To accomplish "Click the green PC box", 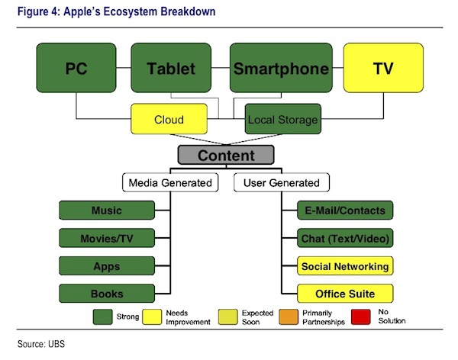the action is (x=76, y=68).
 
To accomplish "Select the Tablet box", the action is (x=171, y=68).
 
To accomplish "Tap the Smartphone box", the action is (x=281, y=68).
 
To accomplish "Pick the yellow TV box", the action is (x=383, y=68).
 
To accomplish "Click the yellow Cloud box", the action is (x=169, y=119).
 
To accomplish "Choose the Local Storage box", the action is (x=282, y=119).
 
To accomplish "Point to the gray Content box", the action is (x=226, y=155).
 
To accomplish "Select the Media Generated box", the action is (x=170, y=182).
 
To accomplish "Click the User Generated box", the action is (x=282, y=182).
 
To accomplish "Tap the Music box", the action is (x=107, y=211).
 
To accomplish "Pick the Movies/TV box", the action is (x=107, y=238).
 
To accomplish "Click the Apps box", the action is (x=107, y=265).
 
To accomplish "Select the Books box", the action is (x=107, y=294).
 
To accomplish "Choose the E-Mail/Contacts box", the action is (x=345, y=211).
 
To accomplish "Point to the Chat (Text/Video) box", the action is (x=345, y=238).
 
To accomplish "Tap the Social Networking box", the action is (x=345, y=265).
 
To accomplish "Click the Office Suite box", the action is (x=345, y=294).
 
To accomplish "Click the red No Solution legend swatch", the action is (x=361, y=317).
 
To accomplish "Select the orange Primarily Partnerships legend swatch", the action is (x=289, y=317).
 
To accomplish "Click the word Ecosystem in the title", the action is (x=131, y=11).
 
